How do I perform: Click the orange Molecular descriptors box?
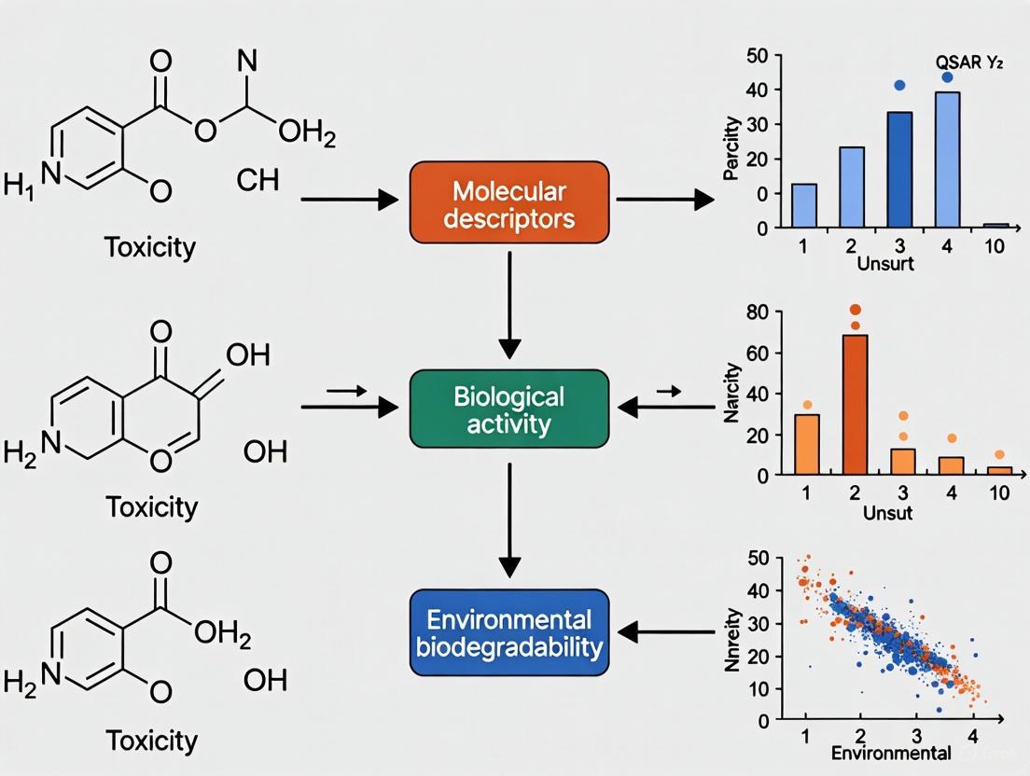tap(509, 201)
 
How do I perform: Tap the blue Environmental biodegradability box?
tap(509, 632)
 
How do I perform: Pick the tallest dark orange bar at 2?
tap(855, 404)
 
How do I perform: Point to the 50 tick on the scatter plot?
tap(758, 558)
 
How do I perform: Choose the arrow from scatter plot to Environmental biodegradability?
tap(667, 632)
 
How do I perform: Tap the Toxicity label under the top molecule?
tap(151, 248)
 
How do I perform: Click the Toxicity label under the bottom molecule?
tap(151, 741)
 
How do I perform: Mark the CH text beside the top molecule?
tap(257, 179)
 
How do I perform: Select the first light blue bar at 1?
tap(804, 205)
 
